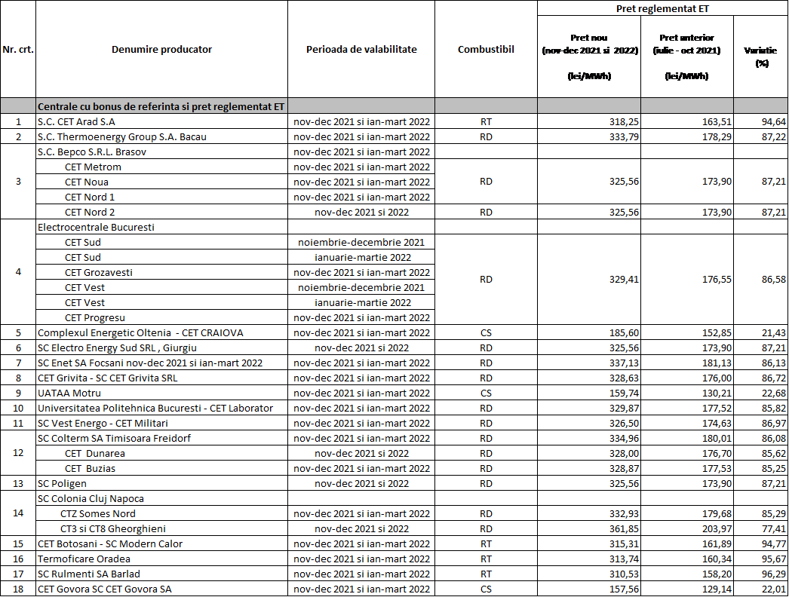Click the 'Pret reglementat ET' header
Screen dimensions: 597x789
(662, 9)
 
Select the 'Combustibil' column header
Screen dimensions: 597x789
(486, 50)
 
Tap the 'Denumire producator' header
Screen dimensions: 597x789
(161, 50)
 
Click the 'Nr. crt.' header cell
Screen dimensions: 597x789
(18, 50)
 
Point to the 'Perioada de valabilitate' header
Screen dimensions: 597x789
(361, 50)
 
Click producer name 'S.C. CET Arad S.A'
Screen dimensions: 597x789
(76, 121)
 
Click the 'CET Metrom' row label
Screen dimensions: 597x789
(93, 167)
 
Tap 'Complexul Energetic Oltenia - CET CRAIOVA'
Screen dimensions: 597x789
(140, 332)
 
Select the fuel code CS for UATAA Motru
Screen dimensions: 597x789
(486, 393)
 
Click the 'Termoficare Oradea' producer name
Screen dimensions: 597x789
(84, 559)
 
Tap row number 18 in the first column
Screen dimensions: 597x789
(18, 589)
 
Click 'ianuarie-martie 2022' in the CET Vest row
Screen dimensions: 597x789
(361, 302)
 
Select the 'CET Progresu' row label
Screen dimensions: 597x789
(95, 317)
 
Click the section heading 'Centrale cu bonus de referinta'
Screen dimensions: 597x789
(161, 106)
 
